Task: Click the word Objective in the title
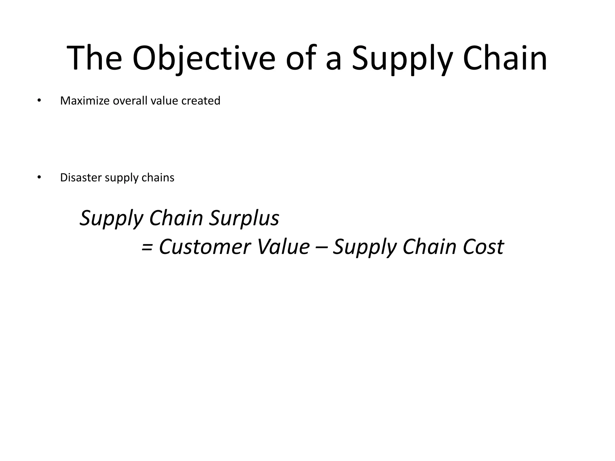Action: coord(203,59)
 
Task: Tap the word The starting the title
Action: coord(94,59)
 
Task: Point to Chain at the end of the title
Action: coord(505,59)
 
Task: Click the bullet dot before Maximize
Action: coord(38,101)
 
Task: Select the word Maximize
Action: coord(85,101)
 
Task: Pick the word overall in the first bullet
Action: coord(130,101)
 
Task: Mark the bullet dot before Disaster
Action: coord(38,178)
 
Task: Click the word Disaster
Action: coord(81,178)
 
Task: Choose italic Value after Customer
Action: coord(283,247)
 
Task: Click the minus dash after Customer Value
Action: coord(322,247)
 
